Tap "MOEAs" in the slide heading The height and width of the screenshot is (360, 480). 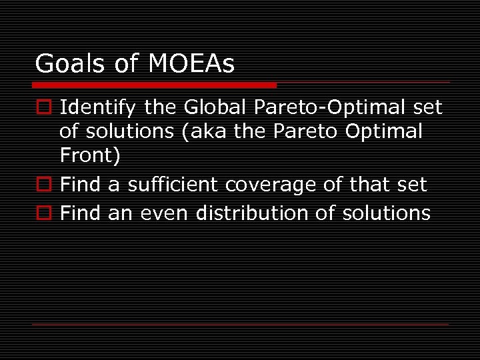click(x=191, y=64)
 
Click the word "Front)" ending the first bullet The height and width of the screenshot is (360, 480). click(x=90, y=155)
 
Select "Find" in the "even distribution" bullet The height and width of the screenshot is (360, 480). click(x=79, y=213)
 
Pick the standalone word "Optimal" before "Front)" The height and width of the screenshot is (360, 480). click(x=384, y=131)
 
